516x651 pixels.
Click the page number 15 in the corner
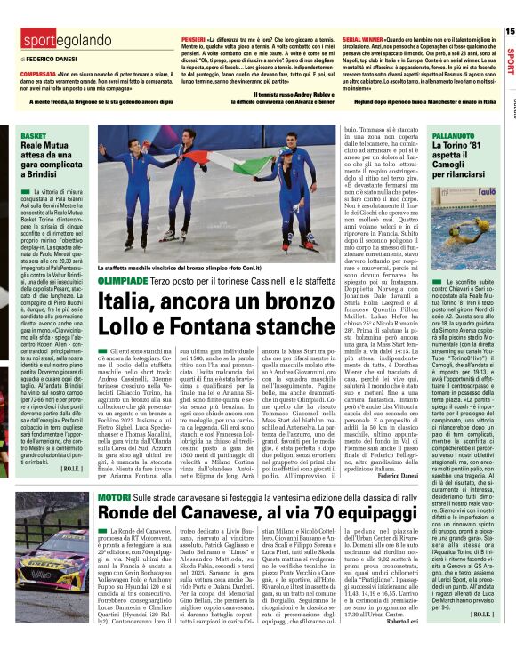click(509, 31)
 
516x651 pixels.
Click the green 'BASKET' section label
click(33, 135)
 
